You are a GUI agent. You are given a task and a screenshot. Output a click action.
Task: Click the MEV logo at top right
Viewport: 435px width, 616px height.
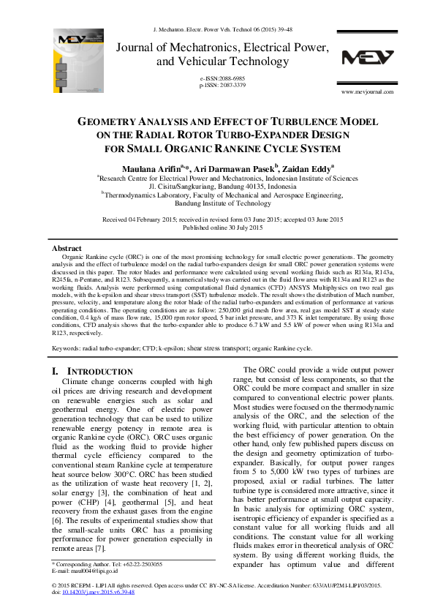point(368,58)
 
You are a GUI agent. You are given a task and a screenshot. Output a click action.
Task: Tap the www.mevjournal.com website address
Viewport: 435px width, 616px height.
point(368,91)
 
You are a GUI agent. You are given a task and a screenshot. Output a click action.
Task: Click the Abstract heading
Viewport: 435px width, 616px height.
point(67,249)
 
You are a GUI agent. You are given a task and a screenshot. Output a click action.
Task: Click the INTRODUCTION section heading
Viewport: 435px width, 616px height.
point(99,372)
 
